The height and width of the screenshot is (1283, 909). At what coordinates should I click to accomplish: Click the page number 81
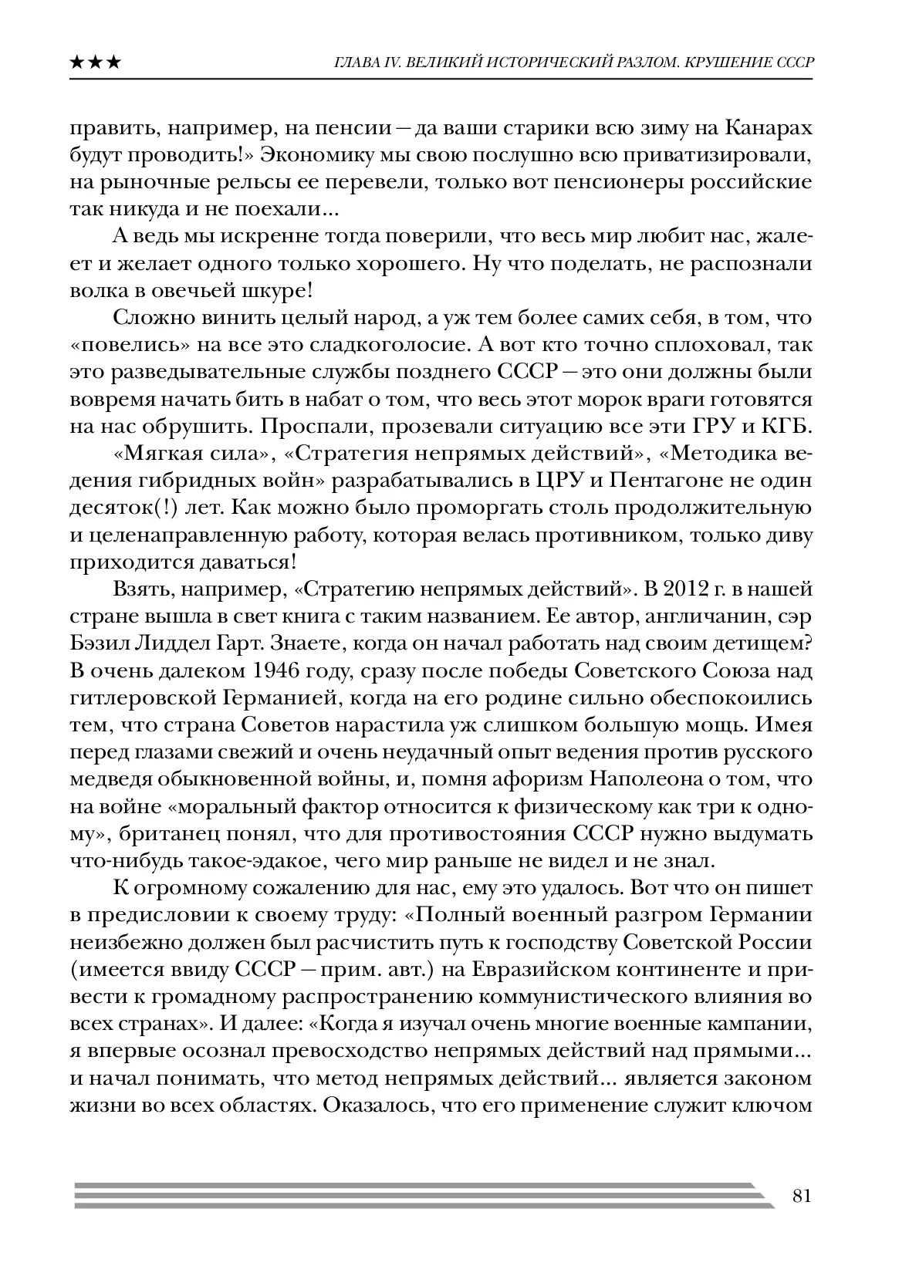coord(800,1196)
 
